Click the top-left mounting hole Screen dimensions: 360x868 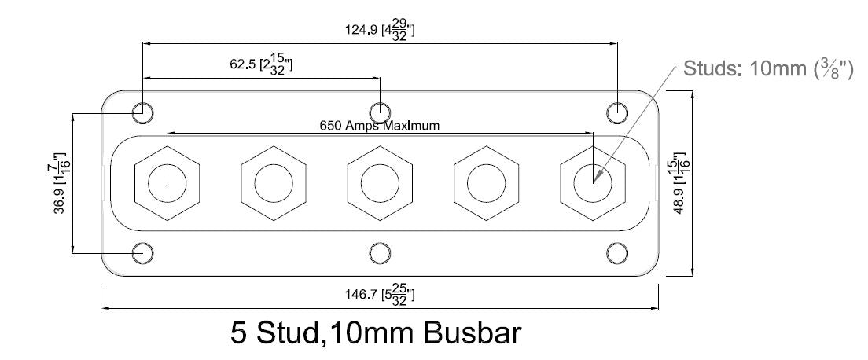pos(142,112)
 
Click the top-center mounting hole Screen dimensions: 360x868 pos(380,112)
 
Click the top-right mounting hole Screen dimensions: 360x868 pos(618,112)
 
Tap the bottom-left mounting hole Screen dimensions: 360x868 pos(142,253)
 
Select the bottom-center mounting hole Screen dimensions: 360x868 pos(380,253)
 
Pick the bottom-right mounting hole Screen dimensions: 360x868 pos(618,253)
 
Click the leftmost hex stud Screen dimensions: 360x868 pos(167,183)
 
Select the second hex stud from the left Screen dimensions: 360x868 pos(273,183)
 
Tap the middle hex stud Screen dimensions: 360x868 pos(380,183)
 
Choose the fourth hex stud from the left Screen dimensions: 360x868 pos(486,183)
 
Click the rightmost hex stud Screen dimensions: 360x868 pos(592,183)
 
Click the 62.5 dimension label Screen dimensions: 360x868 pos(260,64)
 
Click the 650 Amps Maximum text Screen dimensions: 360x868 pos(379,125)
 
